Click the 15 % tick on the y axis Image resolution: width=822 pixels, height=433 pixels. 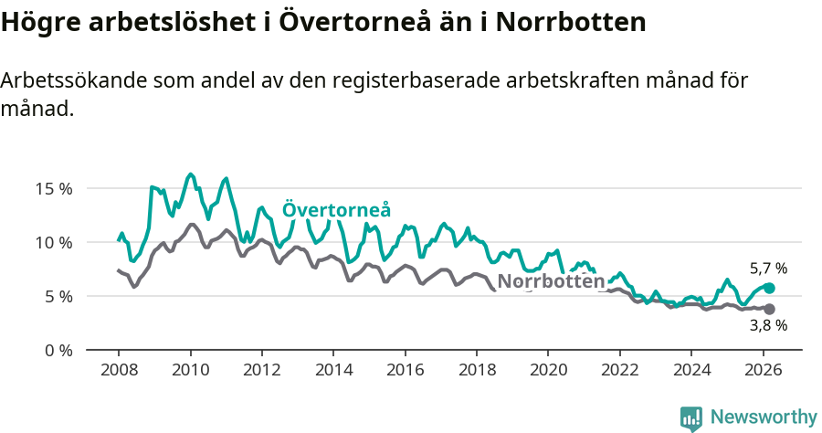(54, 189)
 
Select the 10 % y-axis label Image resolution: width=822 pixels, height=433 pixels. (54, 242)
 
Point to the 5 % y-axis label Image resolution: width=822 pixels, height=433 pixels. (58, 296)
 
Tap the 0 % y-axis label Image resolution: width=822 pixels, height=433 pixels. (58, 350)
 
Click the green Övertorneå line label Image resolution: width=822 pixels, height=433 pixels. (336, 209)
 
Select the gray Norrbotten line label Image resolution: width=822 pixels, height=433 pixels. (552, 281)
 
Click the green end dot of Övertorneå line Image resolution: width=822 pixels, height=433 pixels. (770, 288)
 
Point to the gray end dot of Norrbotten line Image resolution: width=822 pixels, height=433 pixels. (770, 309)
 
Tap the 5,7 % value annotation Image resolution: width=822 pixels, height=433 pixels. (768, 269)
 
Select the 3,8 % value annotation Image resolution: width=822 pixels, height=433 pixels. (768, 325)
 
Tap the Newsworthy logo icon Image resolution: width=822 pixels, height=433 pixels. (691, 417)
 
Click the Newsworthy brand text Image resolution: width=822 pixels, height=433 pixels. (763, 417)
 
